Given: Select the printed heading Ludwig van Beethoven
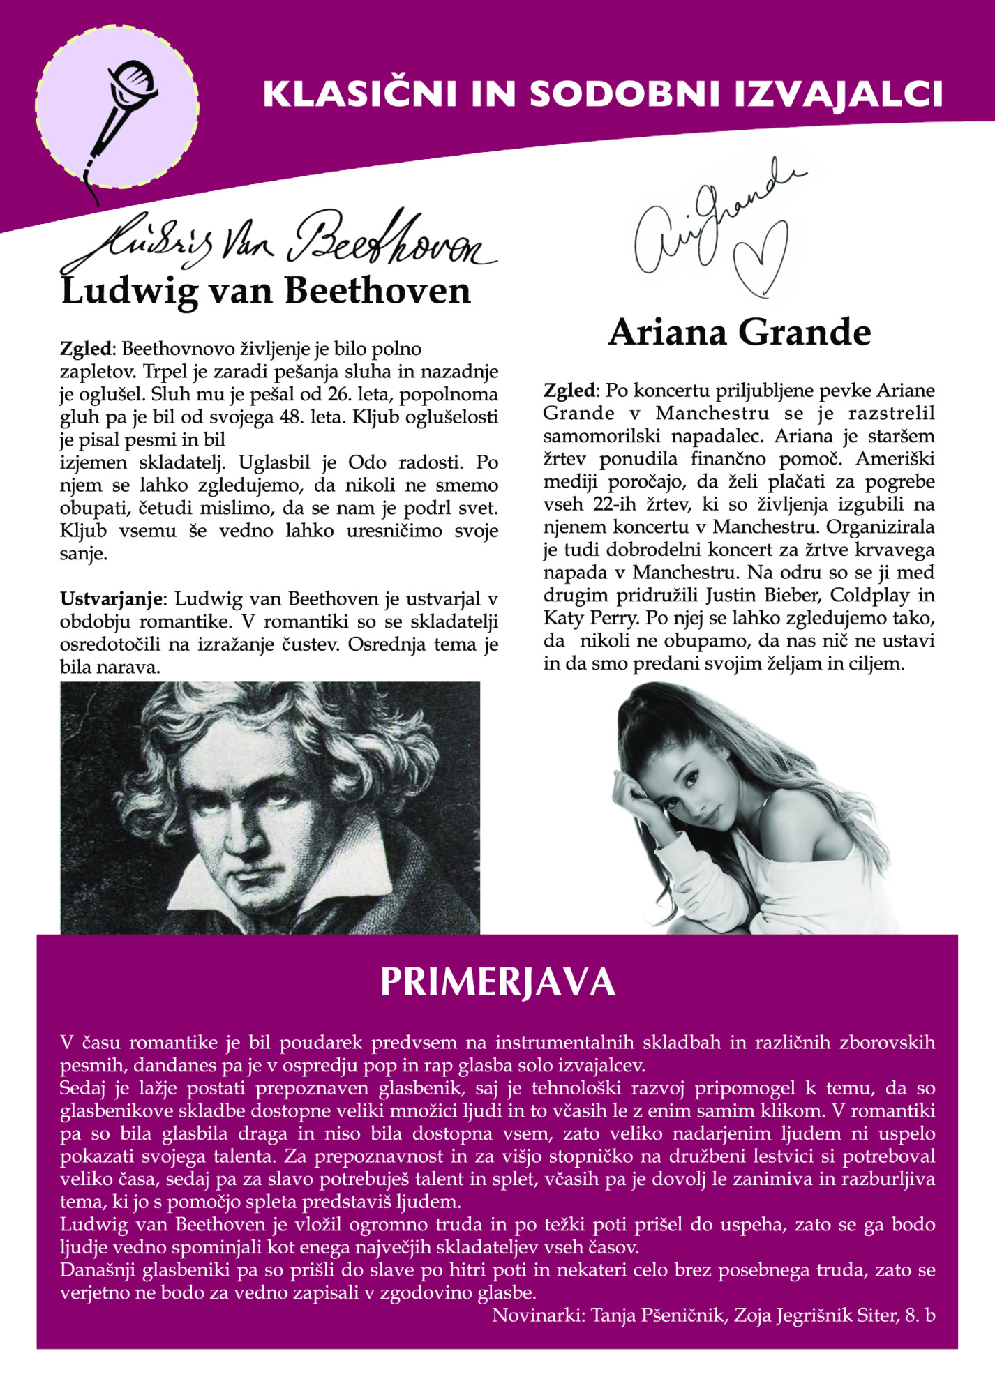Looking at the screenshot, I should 266,291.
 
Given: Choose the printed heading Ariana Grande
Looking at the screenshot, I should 739,332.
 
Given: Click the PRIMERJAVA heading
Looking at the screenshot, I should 497,982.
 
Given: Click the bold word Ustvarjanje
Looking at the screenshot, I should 112,599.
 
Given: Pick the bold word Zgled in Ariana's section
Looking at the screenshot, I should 569,391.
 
